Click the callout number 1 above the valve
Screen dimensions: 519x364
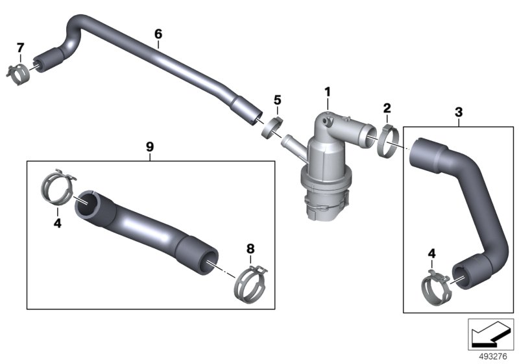point(328,92)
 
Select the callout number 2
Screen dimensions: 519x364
point(387,108)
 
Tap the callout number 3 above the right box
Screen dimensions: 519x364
point(459,112)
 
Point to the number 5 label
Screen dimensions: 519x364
point(278,100)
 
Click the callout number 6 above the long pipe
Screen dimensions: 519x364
point(158,34)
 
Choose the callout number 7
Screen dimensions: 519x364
point(21,47)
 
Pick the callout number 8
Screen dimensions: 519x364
point(250,248)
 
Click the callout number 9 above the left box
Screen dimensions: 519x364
point(150,146)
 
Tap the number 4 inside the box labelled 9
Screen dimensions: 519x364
point(58,223)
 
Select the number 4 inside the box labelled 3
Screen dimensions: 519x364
point(431,253)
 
